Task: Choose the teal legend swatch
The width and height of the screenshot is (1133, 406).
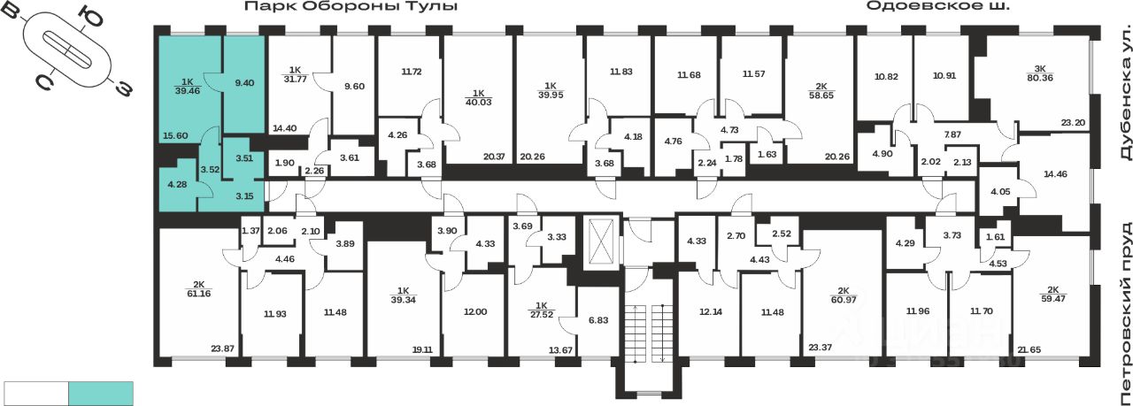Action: pos(101,393)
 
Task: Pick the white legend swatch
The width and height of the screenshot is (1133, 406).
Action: pos(36,393)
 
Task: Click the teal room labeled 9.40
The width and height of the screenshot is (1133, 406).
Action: pos(243,81)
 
